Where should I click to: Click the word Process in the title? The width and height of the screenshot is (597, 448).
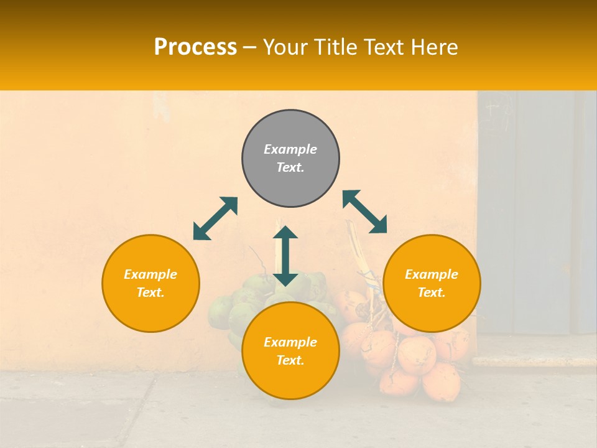click(195, 47)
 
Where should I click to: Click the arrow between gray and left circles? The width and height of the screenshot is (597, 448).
click(215, 218)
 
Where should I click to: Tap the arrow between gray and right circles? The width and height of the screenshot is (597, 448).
click(365, 212)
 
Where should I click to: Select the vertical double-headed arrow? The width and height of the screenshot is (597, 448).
click(285, 256)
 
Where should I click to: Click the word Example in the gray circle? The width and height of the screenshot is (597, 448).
click(290, 149)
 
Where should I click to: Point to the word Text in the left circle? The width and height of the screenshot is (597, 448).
click(150, 292)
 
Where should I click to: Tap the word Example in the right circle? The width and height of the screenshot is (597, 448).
click(432, 274)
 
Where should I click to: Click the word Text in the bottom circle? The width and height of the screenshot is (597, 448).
click(290, 360)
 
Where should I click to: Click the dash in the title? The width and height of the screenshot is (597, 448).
click(250, 47)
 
